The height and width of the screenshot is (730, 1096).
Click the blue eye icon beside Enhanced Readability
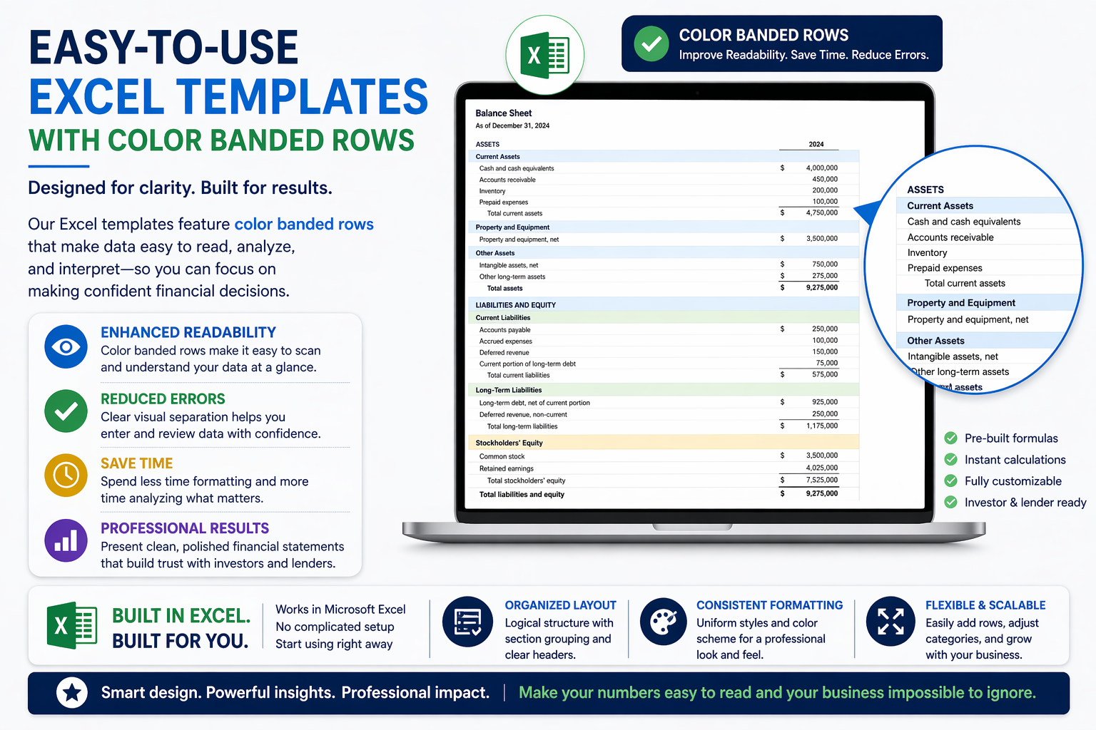tap(66, 347)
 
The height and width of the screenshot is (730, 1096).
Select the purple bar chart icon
tap(66, 540)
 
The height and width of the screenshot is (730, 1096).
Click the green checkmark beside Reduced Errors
tap(66, 411)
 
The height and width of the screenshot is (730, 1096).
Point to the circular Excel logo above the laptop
tap(545, 56)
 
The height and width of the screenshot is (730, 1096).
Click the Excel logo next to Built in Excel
tap(71, 626)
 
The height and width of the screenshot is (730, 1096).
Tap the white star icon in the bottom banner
tap(72, 692)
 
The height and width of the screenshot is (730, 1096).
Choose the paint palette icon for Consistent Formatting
tap(663, 621)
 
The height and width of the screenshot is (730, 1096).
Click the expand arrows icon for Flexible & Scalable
tap(890, 621)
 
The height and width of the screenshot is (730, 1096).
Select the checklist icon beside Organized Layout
tap(467, 621)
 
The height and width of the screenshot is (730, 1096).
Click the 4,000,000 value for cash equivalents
tap(821, 168)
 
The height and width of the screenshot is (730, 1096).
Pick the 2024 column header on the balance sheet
tap(816, 144)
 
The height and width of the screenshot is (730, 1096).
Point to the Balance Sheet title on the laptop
tap(504, 113)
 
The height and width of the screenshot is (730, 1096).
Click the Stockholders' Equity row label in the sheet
tap(509, 443)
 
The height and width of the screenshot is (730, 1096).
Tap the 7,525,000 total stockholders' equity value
tap(821, 480)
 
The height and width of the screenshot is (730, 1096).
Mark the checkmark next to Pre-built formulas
tap(950, 438)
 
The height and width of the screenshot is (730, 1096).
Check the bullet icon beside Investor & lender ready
tap(950, 502)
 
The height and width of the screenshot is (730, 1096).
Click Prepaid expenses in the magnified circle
tap(945, 268)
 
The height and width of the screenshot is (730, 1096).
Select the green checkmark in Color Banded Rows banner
tap(651, 43)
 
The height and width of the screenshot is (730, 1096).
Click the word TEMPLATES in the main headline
tap(302, 97)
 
